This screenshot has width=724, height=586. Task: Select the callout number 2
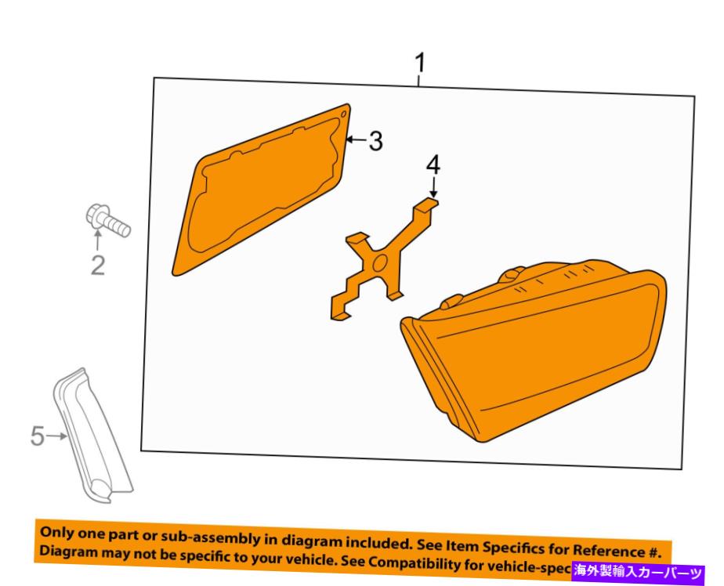(x=97, y=267)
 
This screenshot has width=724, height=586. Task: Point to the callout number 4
(x=433, y=165)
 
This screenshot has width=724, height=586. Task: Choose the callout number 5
(x=38, y=436)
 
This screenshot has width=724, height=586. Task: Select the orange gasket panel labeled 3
(x=262, y=188)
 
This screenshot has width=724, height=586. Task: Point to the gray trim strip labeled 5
(x=92, y=439)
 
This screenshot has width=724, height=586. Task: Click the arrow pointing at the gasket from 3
(x=356, y=141)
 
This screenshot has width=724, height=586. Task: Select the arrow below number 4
(x=433, y=189)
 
